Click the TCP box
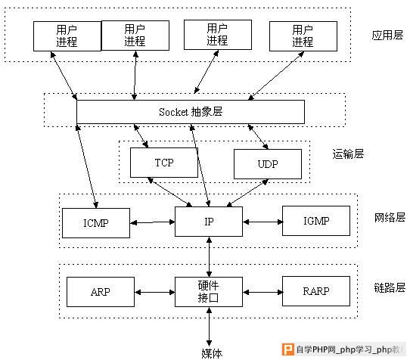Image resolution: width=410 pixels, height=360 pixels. (164, 163)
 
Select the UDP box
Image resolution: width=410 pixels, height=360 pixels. (268, 164)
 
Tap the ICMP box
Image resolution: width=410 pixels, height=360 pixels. (96, 223)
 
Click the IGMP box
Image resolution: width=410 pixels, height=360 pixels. (316, 221)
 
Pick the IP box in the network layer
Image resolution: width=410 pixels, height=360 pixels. (209, 222)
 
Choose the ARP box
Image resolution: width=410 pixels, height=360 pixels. (101, 292)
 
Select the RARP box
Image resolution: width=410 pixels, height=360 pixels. (316, 291)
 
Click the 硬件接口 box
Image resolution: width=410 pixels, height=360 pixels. (209, 292)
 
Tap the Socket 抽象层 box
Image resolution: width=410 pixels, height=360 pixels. (191, 112)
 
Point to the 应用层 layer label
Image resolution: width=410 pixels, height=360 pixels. (387, 36)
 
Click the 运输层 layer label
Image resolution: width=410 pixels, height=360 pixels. (348, 154)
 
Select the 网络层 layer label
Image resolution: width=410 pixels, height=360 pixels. (390, 218)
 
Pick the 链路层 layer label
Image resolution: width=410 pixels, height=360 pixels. (390, 288)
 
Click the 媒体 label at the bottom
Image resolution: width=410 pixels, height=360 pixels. (212, 353)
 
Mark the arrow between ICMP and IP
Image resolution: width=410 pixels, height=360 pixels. (153, 222)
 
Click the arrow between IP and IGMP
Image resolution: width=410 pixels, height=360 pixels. (262, 222)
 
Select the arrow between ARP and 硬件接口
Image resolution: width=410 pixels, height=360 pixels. (155, 292)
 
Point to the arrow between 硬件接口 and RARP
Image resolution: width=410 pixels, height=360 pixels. (262, 292)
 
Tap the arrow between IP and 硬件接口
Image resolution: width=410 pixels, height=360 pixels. (209, 257)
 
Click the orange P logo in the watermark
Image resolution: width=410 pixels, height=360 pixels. (288, 349)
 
